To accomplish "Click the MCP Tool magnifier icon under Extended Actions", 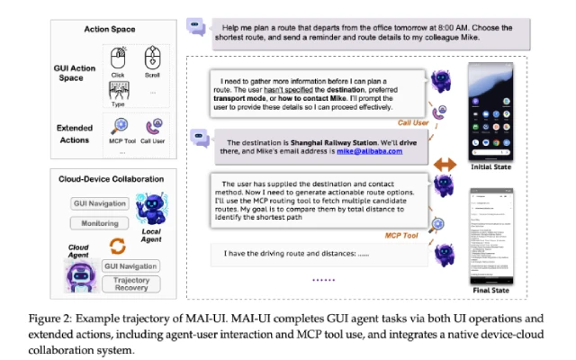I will pos(120,127).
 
